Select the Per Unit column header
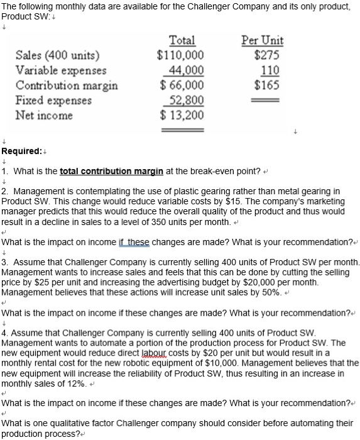coord(262,41)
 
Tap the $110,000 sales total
coord(180,55)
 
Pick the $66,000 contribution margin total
coord(181,85)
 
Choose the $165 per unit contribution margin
coord(268,85)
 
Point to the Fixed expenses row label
coord(53,100)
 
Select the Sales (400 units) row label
coord(60,55)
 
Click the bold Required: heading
coord(23,151)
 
